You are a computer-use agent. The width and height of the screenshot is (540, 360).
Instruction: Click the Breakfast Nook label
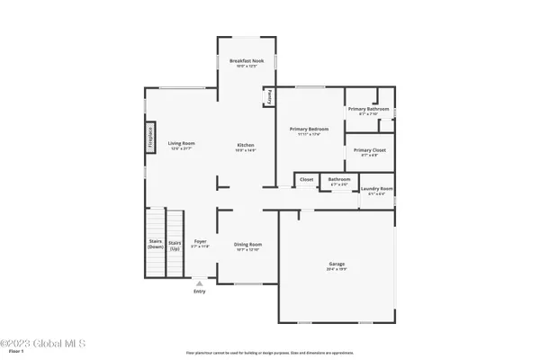click(239, 60)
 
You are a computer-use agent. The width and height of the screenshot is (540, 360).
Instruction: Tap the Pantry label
click(269, 96)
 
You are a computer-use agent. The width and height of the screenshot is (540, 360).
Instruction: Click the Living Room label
click(182, 144)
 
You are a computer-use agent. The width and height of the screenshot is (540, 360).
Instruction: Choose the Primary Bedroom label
click(309, 130)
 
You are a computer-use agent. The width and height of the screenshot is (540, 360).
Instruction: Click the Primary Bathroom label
click(369, 110)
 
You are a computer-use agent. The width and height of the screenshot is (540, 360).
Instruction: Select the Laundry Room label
click(377, 189)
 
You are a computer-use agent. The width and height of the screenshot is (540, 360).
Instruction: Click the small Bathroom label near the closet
click(339, 179)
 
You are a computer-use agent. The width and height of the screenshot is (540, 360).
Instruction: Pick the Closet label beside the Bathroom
click(306, 180)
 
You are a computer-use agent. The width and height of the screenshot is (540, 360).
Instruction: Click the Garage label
click(336, 265)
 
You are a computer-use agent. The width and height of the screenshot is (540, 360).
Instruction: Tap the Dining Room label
click(247, 245)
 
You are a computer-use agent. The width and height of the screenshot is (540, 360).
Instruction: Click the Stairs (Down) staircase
click(155, 243)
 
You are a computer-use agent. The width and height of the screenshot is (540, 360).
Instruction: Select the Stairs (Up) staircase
click(175, 243)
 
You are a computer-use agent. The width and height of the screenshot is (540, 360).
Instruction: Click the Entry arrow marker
click(199, 283)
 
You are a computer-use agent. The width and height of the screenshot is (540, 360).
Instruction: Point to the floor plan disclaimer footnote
click(269, 353)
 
